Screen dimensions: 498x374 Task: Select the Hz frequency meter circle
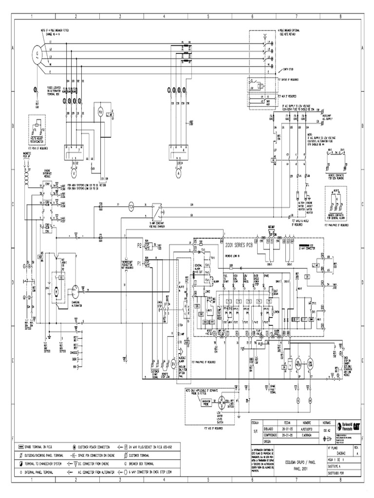101,112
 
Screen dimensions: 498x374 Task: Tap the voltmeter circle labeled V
75,172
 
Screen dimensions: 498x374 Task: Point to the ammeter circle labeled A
178,172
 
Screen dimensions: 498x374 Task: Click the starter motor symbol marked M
56,291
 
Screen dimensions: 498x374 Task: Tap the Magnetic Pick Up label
27,157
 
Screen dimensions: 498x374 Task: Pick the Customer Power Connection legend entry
97,445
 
